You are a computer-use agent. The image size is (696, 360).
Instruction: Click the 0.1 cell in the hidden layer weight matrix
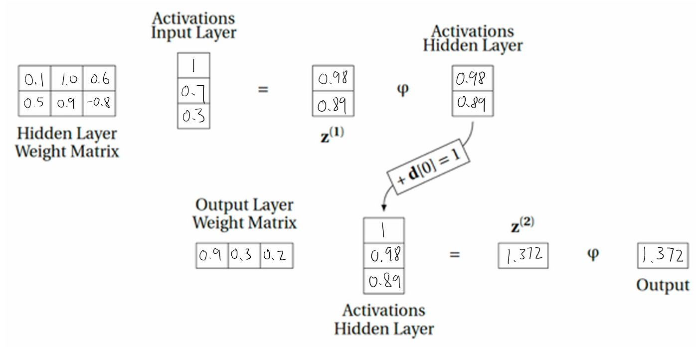click(34, 78)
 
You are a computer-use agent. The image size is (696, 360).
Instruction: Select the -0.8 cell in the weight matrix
click(99, 104)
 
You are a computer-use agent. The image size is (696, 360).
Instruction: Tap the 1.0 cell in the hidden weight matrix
click(67, 78)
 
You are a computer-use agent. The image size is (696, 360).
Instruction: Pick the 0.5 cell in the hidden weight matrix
click(34, 104)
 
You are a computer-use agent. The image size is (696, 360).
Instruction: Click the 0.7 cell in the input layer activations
click(193, 91)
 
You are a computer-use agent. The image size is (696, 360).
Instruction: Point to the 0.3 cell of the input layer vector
click(193, 116)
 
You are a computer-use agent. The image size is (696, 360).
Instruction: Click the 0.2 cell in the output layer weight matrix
click(276, 256)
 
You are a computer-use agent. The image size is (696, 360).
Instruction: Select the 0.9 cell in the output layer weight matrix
click(212, 256)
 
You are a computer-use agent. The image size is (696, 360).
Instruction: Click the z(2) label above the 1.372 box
click(522, 225)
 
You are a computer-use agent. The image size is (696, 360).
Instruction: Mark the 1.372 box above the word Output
click(662, 256)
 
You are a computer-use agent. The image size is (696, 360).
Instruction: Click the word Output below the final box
click(663, 285)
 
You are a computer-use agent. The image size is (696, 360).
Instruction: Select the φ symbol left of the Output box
click(593, 254)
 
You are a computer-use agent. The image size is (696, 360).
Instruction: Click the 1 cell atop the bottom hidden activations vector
click(383, 230)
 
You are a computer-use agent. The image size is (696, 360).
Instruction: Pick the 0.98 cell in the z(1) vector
click(333, 78)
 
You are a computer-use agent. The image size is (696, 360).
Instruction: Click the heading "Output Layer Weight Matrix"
click(244, 214)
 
